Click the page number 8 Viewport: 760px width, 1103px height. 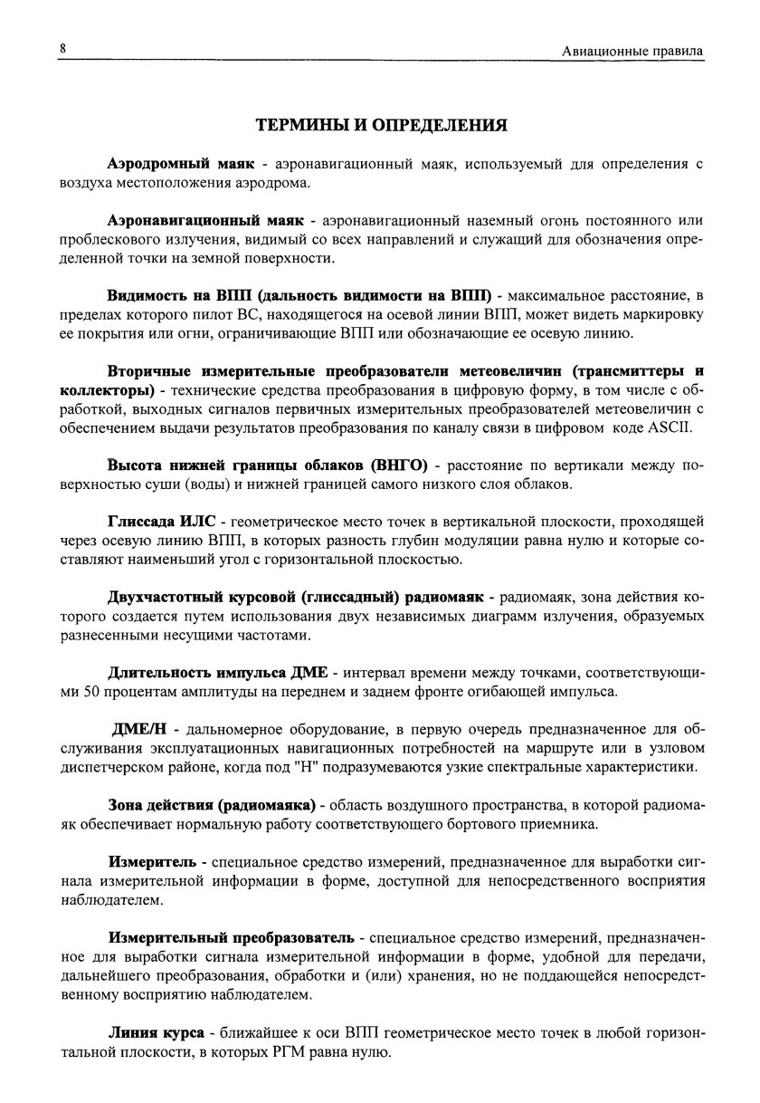point(63,47)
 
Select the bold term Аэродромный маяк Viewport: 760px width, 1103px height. point(182,165)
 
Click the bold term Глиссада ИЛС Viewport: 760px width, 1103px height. point(162,522)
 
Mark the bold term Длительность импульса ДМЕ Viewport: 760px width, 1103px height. point(217,674)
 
